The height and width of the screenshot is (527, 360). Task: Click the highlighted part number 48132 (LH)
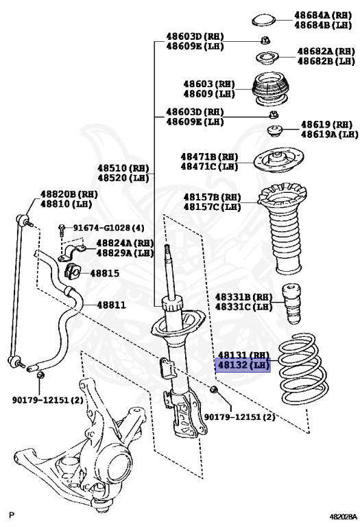pyautogui.click(x=243, y=365)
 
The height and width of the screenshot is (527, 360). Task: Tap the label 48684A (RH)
pyautogui.click(x=322, y=14)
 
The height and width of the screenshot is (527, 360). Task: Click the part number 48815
pyautogui.click(x=104, y=273)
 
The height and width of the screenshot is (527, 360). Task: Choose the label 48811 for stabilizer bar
pyautogui.click(x=111, y=304)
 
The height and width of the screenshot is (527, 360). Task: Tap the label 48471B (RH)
pyautogui.click(x=209, y=156)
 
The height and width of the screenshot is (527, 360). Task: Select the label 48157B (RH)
pyautogui.click(x=211, y=196)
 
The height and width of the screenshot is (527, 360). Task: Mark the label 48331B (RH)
pyautogui.click(x=243, y=296)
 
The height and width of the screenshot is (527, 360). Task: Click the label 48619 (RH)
pyautogui.click(x=326, y=124)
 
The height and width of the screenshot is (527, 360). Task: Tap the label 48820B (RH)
pyautogui.click(x=69, y=194)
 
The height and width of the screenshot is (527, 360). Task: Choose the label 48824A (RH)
pyautogui.click(x=124, y=243)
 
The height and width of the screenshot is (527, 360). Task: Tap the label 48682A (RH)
pyautogui.click(x=324, y=51)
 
